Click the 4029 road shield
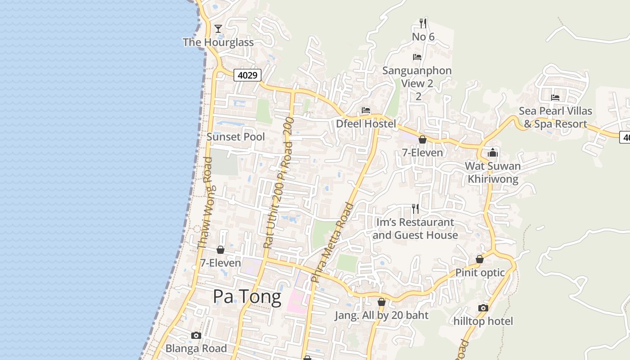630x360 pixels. coord(247,75)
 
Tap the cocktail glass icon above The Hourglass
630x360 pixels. coord(218,29)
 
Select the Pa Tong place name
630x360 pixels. coord(247,297)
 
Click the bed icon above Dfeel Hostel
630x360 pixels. coord(366,110)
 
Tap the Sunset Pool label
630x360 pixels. coord(235,137)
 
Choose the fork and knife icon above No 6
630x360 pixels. coord(423,22)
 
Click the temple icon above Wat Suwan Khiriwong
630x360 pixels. coord(493,153)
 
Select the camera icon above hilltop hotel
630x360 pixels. coord(483,308)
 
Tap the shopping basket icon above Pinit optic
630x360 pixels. coord(480,259)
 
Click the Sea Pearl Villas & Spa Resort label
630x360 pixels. coord(555,117)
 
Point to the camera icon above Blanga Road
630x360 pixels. coord(196,335)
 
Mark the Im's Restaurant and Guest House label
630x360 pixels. coord(415,229)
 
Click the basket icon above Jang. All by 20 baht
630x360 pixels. coord(382,302)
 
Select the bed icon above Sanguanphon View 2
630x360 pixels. coord(417,57)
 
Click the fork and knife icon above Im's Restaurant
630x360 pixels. coord(415,209)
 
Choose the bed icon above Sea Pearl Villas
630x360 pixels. coord(555,97)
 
